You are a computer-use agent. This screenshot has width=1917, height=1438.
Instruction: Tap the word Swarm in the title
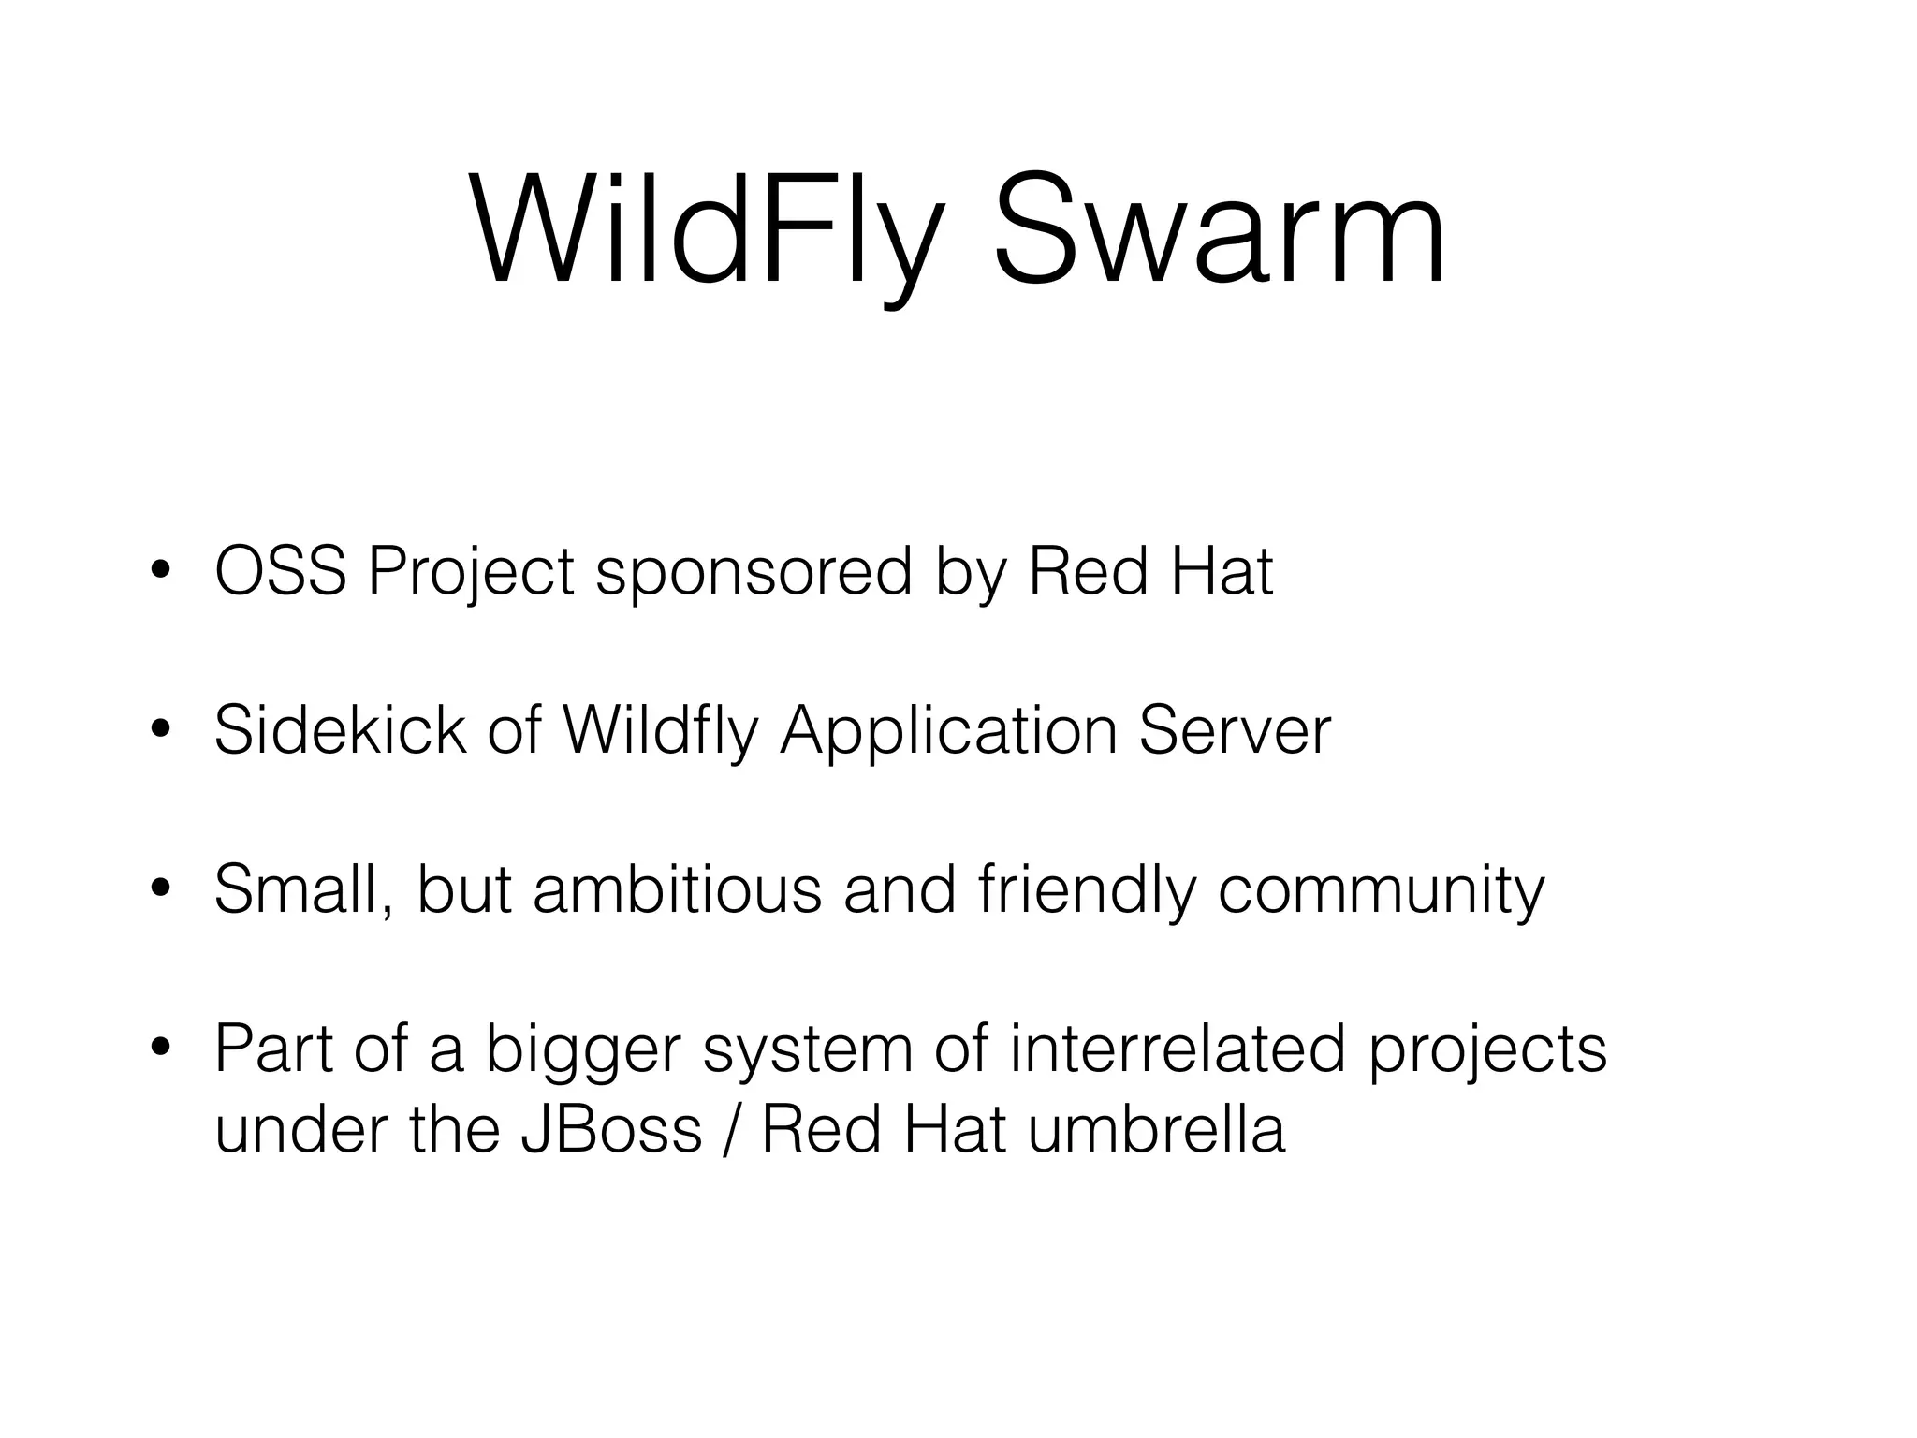(x=1220, y=229)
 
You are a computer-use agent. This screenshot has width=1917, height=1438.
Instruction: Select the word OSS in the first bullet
(x=280, y=572)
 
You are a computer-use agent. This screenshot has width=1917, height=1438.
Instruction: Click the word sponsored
(x=754, y=572)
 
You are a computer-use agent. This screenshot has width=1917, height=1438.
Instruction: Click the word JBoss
(x=610, y=1130)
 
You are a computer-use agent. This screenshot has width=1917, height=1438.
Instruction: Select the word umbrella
(x=1156, y=1130)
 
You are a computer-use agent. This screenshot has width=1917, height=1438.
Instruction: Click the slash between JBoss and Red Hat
(x=731, y=1130)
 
